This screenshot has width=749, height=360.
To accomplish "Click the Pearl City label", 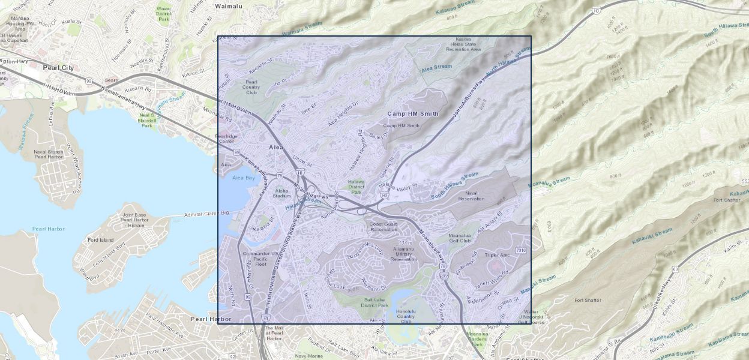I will point(58,68).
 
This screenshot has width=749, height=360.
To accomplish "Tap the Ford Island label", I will point(100,240).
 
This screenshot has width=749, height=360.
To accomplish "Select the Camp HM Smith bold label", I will point(412,113).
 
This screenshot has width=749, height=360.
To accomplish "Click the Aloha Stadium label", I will point(282,193).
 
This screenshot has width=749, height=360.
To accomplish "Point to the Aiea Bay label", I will point(244,178).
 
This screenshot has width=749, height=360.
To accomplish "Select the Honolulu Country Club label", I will point(409,316).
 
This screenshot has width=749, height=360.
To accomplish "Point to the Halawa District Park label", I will point(356,187).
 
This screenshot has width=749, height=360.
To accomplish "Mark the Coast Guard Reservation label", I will point(384,226).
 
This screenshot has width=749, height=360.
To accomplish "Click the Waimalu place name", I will point(228,5).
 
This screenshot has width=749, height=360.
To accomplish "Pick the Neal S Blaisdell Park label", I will point(147,120).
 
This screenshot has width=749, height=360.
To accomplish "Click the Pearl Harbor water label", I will point(48,229).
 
